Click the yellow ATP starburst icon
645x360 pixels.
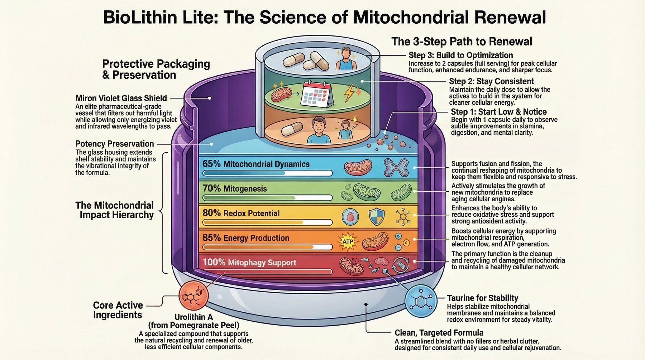348,241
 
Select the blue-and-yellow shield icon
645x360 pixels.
377,216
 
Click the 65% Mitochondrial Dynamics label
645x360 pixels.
256,164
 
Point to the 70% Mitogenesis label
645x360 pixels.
235,188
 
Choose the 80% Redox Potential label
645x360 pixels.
241,213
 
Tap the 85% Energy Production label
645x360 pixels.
246,238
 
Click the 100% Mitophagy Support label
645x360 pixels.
249,263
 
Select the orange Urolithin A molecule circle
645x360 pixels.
193,296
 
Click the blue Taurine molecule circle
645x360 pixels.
421,301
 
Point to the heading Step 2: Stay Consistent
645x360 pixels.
491,81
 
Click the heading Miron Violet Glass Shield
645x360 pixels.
121,98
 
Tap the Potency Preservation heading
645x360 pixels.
115,144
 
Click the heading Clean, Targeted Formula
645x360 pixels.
439,333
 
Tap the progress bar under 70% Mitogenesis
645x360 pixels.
267,198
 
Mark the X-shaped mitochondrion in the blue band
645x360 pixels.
396,167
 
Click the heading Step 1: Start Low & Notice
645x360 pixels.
498,112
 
